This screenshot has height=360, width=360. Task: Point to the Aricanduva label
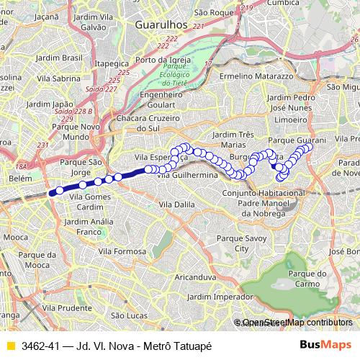click(x=196, y=276)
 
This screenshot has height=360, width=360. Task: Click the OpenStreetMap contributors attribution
click(x=296, y=322)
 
